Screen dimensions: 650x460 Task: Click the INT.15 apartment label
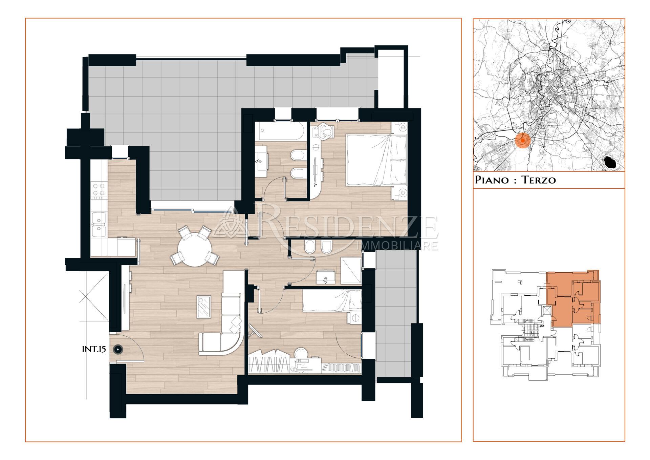(94, 349)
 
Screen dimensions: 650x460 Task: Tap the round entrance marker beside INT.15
(118, 349)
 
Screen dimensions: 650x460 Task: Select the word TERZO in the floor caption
(539, 180)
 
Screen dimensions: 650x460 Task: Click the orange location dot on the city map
(523, 140)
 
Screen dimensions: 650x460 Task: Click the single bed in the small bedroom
(332, 300)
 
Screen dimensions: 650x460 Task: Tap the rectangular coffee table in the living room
(204, 307)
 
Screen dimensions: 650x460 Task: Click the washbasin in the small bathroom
(326, 277)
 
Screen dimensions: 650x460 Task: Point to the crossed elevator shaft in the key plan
(546, 311)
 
